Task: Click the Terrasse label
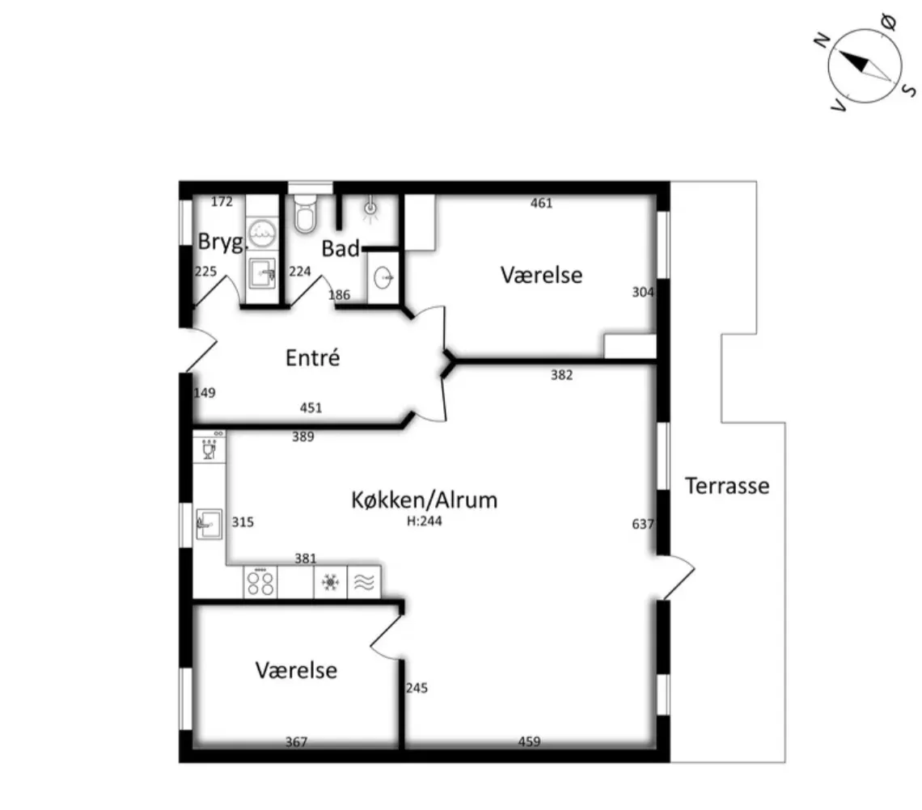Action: tap(727, 486)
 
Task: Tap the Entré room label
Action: tap(312, 357)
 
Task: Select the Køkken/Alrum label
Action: tap(425, 500)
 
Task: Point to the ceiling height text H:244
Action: tap(425, 521)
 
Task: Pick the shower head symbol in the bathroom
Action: tap(371, 207)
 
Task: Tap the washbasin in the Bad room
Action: tap(383, 278)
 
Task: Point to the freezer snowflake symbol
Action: tap(330, 583)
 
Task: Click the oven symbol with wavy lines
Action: tap(363, 583)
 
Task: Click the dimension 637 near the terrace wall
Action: tap(642, 525)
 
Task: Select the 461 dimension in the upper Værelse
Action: tap(541, 203)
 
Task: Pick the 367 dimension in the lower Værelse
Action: tap(297, 742)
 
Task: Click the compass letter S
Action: tap(909, 89)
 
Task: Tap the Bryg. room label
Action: tap(221, 243)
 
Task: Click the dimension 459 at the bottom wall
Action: tap(529, 742)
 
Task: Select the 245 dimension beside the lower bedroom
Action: tap(417, 689)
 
